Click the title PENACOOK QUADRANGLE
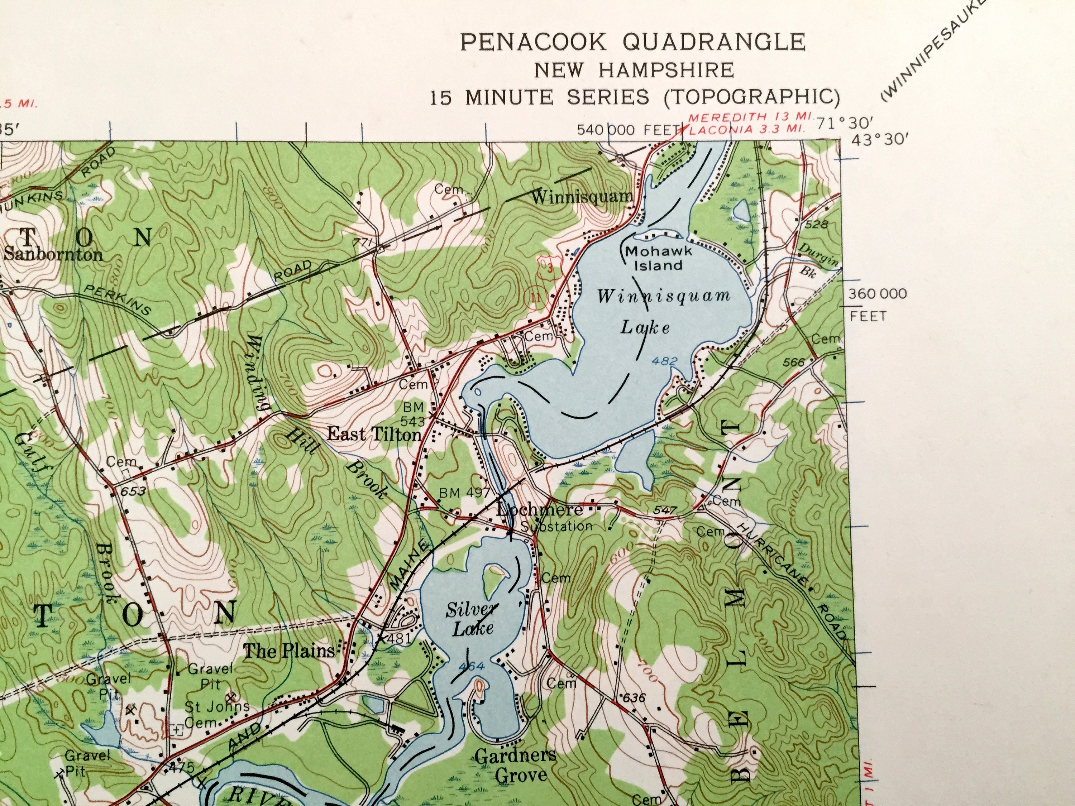click(632, 42)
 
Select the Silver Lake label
click(472, 618)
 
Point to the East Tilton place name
click(374, 434)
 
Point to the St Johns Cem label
click(217, 714)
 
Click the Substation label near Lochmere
click(556, 526)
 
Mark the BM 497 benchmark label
click(464, 493)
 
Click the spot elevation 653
click(133, 491)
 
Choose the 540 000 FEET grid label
click(627, 130)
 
